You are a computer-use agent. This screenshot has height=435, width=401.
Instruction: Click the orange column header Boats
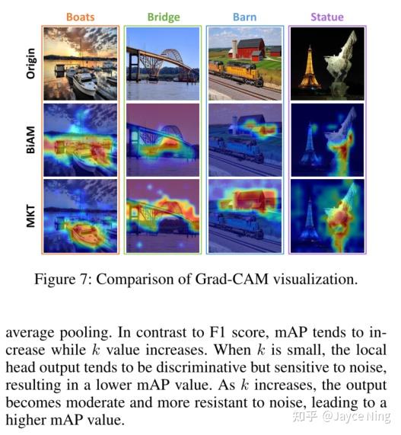coord(81,18)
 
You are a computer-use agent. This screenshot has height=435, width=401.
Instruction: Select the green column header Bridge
coord(164,18)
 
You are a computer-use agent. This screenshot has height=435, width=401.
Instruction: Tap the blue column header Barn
coord(245,18)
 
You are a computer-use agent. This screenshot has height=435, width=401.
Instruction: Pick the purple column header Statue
coord(327,18)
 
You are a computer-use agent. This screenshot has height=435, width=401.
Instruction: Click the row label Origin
coord(30,63)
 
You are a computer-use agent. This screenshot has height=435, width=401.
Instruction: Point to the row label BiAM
coord(30,139)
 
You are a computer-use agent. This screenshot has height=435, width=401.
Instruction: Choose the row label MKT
coord(30,216)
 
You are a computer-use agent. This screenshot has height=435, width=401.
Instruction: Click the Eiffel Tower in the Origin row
coord(310,69)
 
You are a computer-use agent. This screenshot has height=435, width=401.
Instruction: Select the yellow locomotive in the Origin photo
coord(236,72)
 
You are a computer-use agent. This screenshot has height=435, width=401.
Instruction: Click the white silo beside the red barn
coord(235,49)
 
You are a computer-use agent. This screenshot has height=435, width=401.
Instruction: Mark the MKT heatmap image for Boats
coord(81,216)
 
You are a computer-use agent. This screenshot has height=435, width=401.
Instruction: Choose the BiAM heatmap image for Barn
coord(245,140)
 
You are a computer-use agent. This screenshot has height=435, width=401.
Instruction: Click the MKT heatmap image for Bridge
coord(163,216)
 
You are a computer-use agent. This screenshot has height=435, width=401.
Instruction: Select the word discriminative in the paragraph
coord(202,367)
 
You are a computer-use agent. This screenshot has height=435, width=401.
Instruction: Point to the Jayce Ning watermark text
coord(356,416)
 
